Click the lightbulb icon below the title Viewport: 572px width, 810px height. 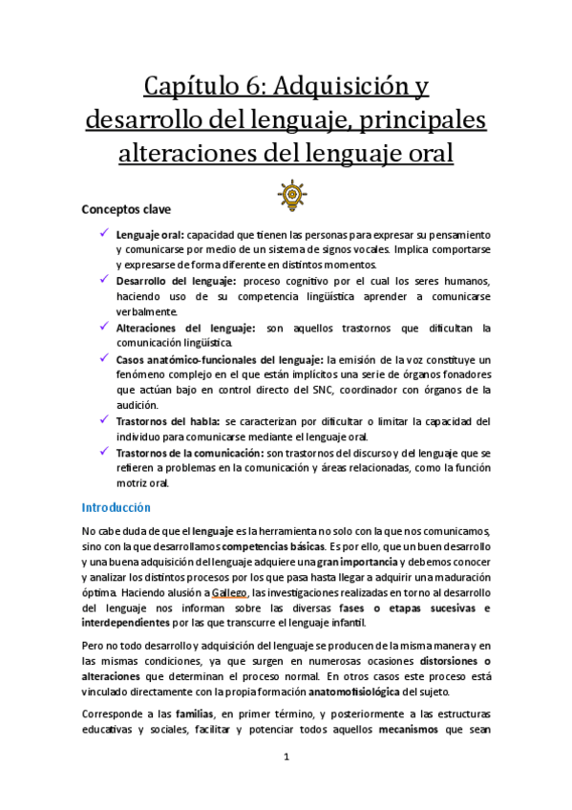[x=290, y=195]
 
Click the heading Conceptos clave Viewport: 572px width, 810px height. [x=126, y=208]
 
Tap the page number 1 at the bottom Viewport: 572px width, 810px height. [x=286, y=757]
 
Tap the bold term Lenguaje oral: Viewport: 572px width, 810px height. [x=150, y=234]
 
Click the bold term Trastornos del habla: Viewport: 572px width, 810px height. [x=169, y=420]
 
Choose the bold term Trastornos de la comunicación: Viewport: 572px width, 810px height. [x=188, y=452]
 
